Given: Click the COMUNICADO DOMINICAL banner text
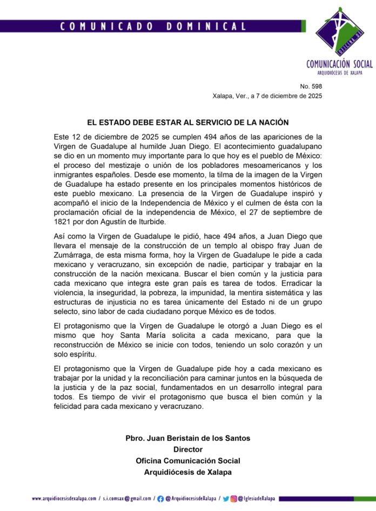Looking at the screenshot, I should point(152,26).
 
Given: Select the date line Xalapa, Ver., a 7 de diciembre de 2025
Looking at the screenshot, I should point(267,96).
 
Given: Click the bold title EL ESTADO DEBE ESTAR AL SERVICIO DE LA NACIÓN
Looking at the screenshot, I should point(187,123).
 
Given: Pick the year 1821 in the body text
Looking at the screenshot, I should point(62,222).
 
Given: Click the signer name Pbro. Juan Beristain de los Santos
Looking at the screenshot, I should point(187,438).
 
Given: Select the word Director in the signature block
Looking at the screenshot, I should point(187,449).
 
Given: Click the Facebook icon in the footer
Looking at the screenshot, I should point(160,498).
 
